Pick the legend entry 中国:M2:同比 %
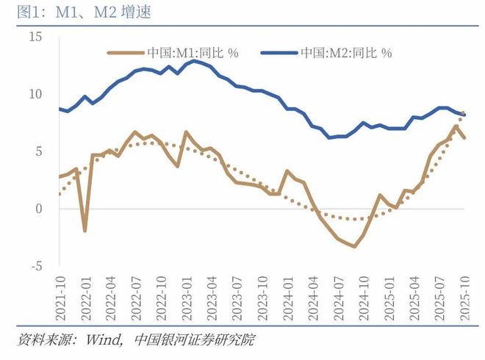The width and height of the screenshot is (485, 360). [345, 53]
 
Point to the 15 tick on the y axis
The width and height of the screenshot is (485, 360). [37, 37]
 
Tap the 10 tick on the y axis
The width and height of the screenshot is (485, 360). [37, 94]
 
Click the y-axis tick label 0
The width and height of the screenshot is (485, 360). [40, 209]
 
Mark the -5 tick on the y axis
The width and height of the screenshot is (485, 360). [37, 266]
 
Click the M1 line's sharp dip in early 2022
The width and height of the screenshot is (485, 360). [85, 231]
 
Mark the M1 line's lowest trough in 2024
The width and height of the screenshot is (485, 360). [355, 246]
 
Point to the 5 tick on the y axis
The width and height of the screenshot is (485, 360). [40, 151]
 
